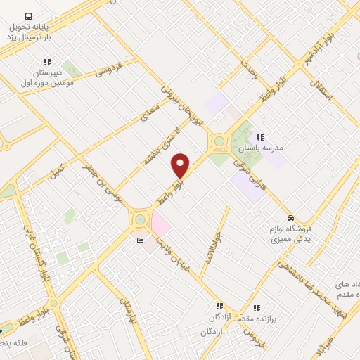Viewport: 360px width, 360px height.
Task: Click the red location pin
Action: click(181, 166)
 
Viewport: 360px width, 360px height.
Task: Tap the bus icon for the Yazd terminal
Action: click(28, 15)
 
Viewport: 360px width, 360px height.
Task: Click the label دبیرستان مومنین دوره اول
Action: click(46, 77)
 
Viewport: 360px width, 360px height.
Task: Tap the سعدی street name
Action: click(150, 113)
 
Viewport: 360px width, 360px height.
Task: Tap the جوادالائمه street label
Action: click(212, 245)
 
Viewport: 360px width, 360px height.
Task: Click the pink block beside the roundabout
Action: click(160, 226)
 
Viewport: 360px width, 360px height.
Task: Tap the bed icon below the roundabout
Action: click(139, 241)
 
